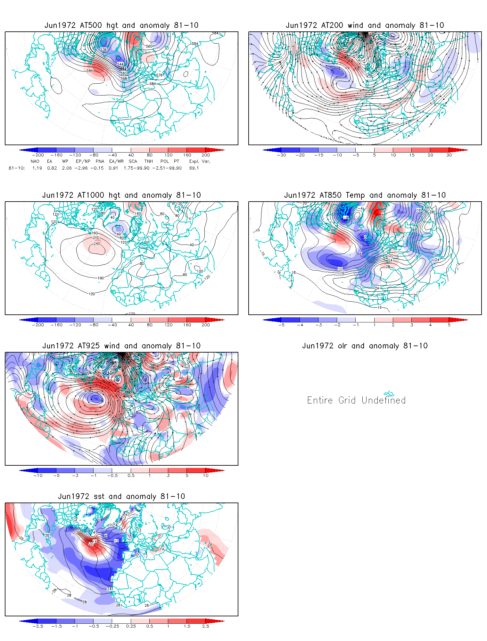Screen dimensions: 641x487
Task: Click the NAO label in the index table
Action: pos(35,161)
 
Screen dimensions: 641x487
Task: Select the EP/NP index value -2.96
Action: pos(81,168)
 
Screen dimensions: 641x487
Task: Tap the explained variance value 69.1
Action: pos(194,168)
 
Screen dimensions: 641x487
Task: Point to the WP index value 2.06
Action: pos(67,168)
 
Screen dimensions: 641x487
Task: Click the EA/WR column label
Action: pos(116,161)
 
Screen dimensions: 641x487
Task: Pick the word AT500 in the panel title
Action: pos(91,25)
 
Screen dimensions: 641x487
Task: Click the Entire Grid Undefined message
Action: pos(356,400)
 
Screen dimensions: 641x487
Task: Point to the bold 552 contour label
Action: pos(123,69)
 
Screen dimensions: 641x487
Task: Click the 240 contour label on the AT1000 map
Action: pos(97,243)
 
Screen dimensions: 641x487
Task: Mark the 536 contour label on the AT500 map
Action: pos(103,50)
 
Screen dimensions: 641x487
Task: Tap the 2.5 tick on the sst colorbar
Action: pos(206,626)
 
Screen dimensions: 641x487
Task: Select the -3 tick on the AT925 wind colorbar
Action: pos(75,476)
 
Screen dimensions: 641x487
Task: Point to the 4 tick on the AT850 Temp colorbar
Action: pos(430,325)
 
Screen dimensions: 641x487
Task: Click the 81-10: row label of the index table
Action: pos(17,168)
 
